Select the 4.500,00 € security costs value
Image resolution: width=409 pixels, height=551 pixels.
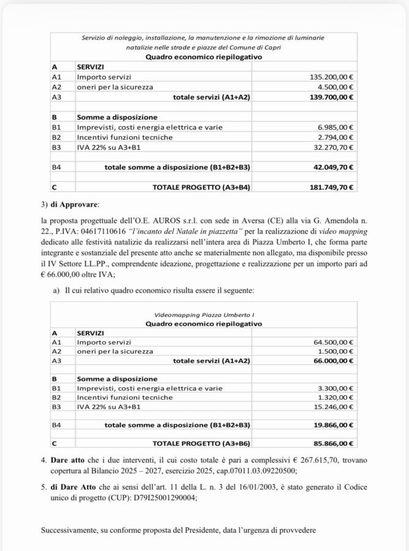tap(338, 87)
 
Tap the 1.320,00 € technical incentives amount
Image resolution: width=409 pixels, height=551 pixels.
tap(338, 397)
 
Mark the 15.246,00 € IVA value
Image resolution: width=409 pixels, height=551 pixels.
tap(336, 407)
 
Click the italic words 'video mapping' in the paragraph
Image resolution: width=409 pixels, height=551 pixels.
tap(336, 231)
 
